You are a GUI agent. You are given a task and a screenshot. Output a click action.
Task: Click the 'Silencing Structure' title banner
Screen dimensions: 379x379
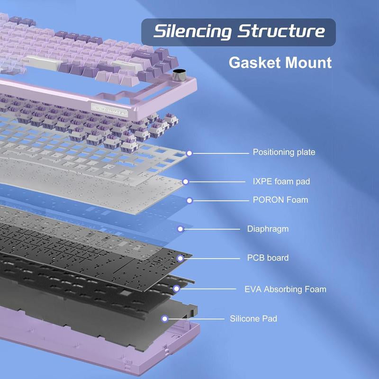[x=239, y=32]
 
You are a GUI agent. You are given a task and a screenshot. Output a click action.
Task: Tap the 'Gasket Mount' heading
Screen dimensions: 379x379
[x=280, y=63]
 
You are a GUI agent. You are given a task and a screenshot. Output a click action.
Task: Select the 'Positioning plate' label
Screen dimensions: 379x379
[x=284, y=153]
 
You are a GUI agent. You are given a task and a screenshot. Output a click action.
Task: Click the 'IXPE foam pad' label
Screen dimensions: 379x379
[x=281, y=181]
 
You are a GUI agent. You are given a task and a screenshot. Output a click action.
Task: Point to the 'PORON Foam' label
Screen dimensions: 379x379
[x=280, y=200]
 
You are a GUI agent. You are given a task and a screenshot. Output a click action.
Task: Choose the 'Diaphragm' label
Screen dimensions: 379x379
[x=268, y=229]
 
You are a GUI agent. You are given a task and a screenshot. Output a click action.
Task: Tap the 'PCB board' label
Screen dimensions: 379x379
[x=268, y=258]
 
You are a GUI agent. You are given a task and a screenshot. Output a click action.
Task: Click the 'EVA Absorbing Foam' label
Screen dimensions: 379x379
[x=285, y=289]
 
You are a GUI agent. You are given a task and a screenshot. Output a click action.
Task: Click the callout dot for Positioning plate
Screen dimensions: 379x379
[x=189, y=153]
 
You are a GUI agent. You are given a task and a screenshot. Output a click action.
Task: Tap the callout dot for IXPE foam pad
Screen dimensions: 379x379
[x=186, y=181]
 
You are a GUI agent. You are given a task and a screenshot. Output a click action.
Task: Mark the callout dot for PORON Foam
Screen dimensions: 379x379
[x=189, y=200]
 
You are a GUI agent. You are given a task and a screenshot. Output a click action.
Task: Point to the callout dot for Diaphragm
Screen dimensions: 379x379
[x=180, y=229]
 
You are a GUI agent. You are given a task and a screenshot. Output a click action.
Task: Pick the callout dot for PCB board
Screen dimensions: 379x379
[x=180, y=258]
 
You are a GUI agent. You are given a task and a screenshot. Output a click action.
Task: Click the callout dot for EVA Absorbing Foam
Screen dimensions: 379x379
[x=176, y=289]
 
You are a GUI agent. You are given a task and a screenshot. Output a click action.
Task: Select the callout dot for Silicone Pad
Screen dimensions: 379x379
[x=165, y=319]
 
